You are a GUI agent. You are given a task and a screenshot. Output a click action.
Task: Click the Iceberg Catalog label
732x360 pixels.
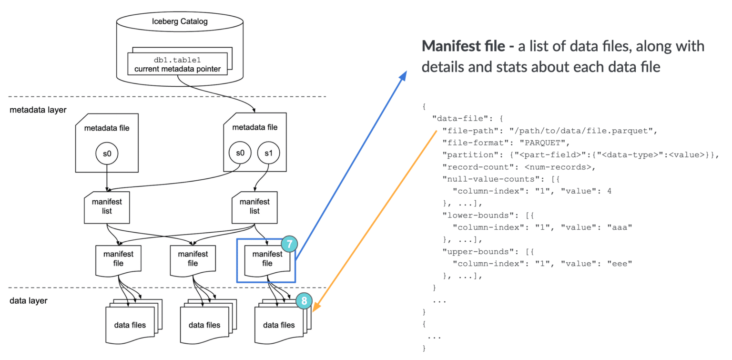[179, 21]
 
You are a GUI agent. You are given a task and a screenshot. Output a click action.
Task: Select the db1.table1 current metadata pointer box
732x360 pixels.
[177, 64]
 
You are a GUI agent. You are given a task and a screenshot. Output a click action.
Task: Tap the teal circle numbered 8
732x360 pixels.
[304, 301]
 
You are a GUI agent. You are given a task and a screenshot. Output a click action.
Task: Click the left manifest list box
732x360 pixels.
[107, 206]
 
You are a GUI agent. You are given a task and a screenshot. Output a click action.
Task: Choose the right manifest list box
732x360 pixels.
[254, 206]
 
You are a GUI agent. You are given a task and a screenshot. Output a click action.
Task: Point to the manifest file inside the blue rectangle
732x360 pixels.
[267, 259]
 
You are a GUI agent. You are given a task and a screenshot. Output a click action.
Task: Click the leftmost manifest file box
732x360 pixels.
[118, 259]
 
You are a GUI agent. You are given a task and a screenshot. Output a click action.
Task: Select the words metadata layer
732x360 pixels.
[38, 110]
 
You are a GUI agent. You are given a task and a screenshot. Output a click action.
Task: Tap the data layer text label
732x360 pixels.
[28, 301]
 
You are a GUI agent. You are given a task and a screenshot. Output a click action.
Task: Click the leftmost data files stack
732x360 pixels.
[130, 324]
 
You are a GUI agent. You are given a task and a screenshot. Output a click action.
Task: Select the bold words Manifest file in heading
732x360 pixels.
[462, 47]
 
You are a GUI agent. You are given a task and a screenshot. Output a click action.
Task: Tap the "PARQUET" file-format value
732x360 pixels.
[542, 143]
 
